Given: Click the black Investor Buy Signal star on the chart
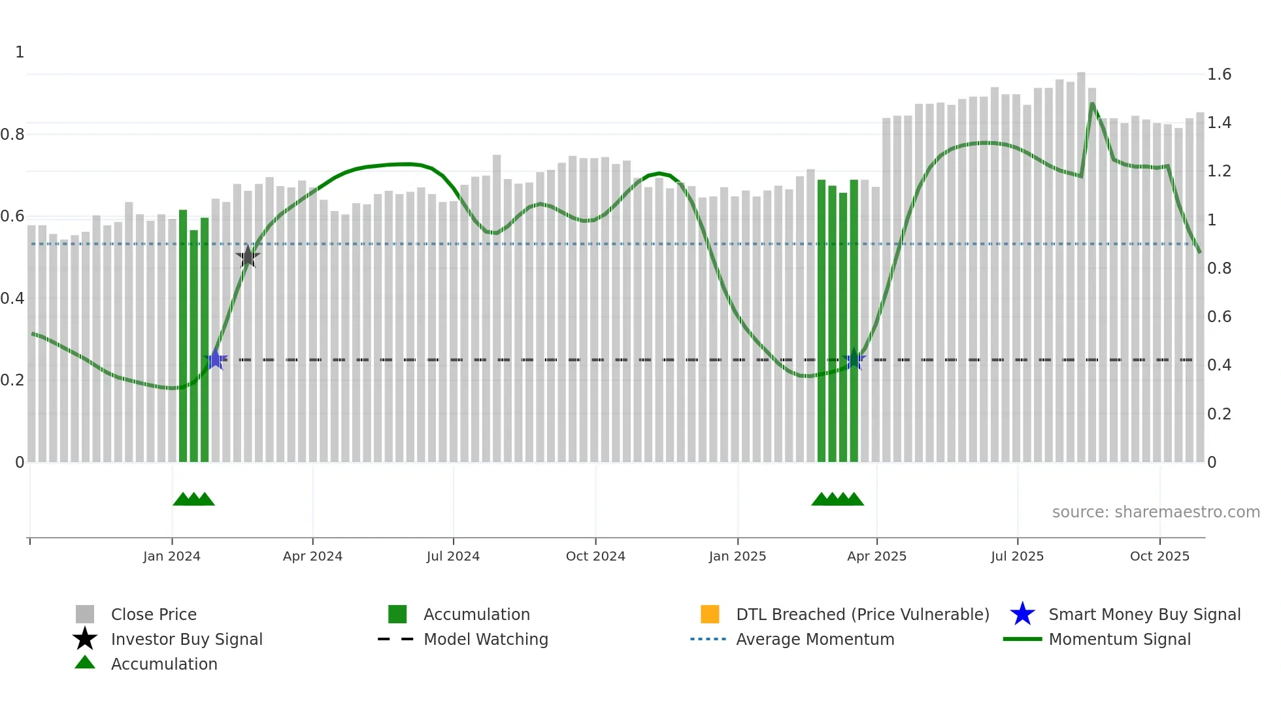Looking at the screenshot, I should pyautogui.click(x=248, y=257).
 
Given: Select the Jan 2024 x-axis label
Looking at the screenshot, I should pyautogui.click(x=172, y=556).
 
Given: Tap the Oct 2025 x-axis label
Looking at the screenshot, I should pyautogui.click(x=1159, y=556).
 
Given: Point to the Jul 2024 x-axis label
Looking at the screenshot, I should pyautogui.click(x=453, y=556).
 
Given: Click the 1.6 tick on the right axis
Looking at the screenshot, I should pyautogui.click(x=1219, y=74).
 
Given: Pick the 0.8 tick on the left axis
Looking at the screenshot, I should pyautogui.click(x=13, y=135).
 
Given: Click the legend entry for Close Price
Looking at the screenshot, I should pyautogui.click(x=154, y=614).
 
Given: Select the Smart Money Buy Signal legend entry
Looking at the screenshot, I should pyautogui.click(x=1144, y=614).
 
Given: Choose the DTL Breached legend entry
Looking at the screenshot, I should pyautogui.click(x=862, y=614).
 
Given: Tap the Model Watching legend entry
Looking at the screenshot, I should pyautogui.click(x=486, y=639).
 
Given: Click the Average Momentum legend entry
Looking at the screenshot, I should pyautogui.click(x=815, y=639).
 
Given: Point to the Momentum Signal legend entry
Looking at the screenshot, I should pyautogui.click(x=1120, y=639).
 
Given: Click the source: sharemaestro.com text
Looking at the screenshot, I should pyautogui.click(x=1156, y=512).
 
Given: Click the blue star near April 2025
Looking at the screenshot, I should pyautogui.click(x=854, y=359).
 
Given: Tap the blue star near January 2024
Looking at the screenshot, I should pyautogui.click(x=215, y=359).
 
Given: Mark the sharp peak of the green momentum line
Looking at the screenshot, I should pyautogui.click(x=1092, y=103).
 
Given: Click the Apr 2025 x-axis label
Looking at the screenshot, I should pyautogui.click(x=876, y=556).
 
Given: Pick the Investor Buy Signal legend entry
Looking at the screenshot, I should pyautogui.click(x=186, y=639).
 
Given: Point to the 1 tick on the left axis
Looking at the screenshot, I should pyautogui.click(x=20, y=52).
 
